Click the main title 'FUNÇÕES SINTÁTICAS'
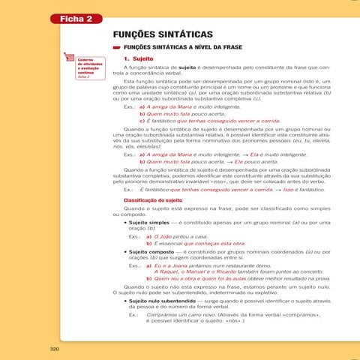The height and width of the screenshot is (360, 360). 162,35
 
